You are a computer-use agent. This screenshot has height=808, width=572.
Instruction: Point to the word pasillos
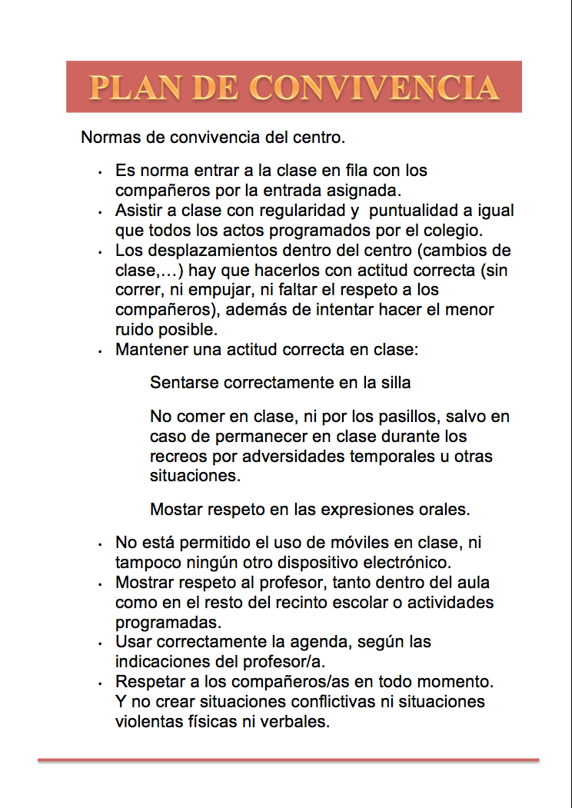391,417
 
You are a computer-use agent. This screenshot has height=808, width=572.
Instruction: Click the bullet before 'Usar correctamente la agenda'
100,642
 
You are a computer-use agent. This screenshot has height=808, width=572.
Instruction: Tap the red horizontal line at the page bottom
288,760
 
